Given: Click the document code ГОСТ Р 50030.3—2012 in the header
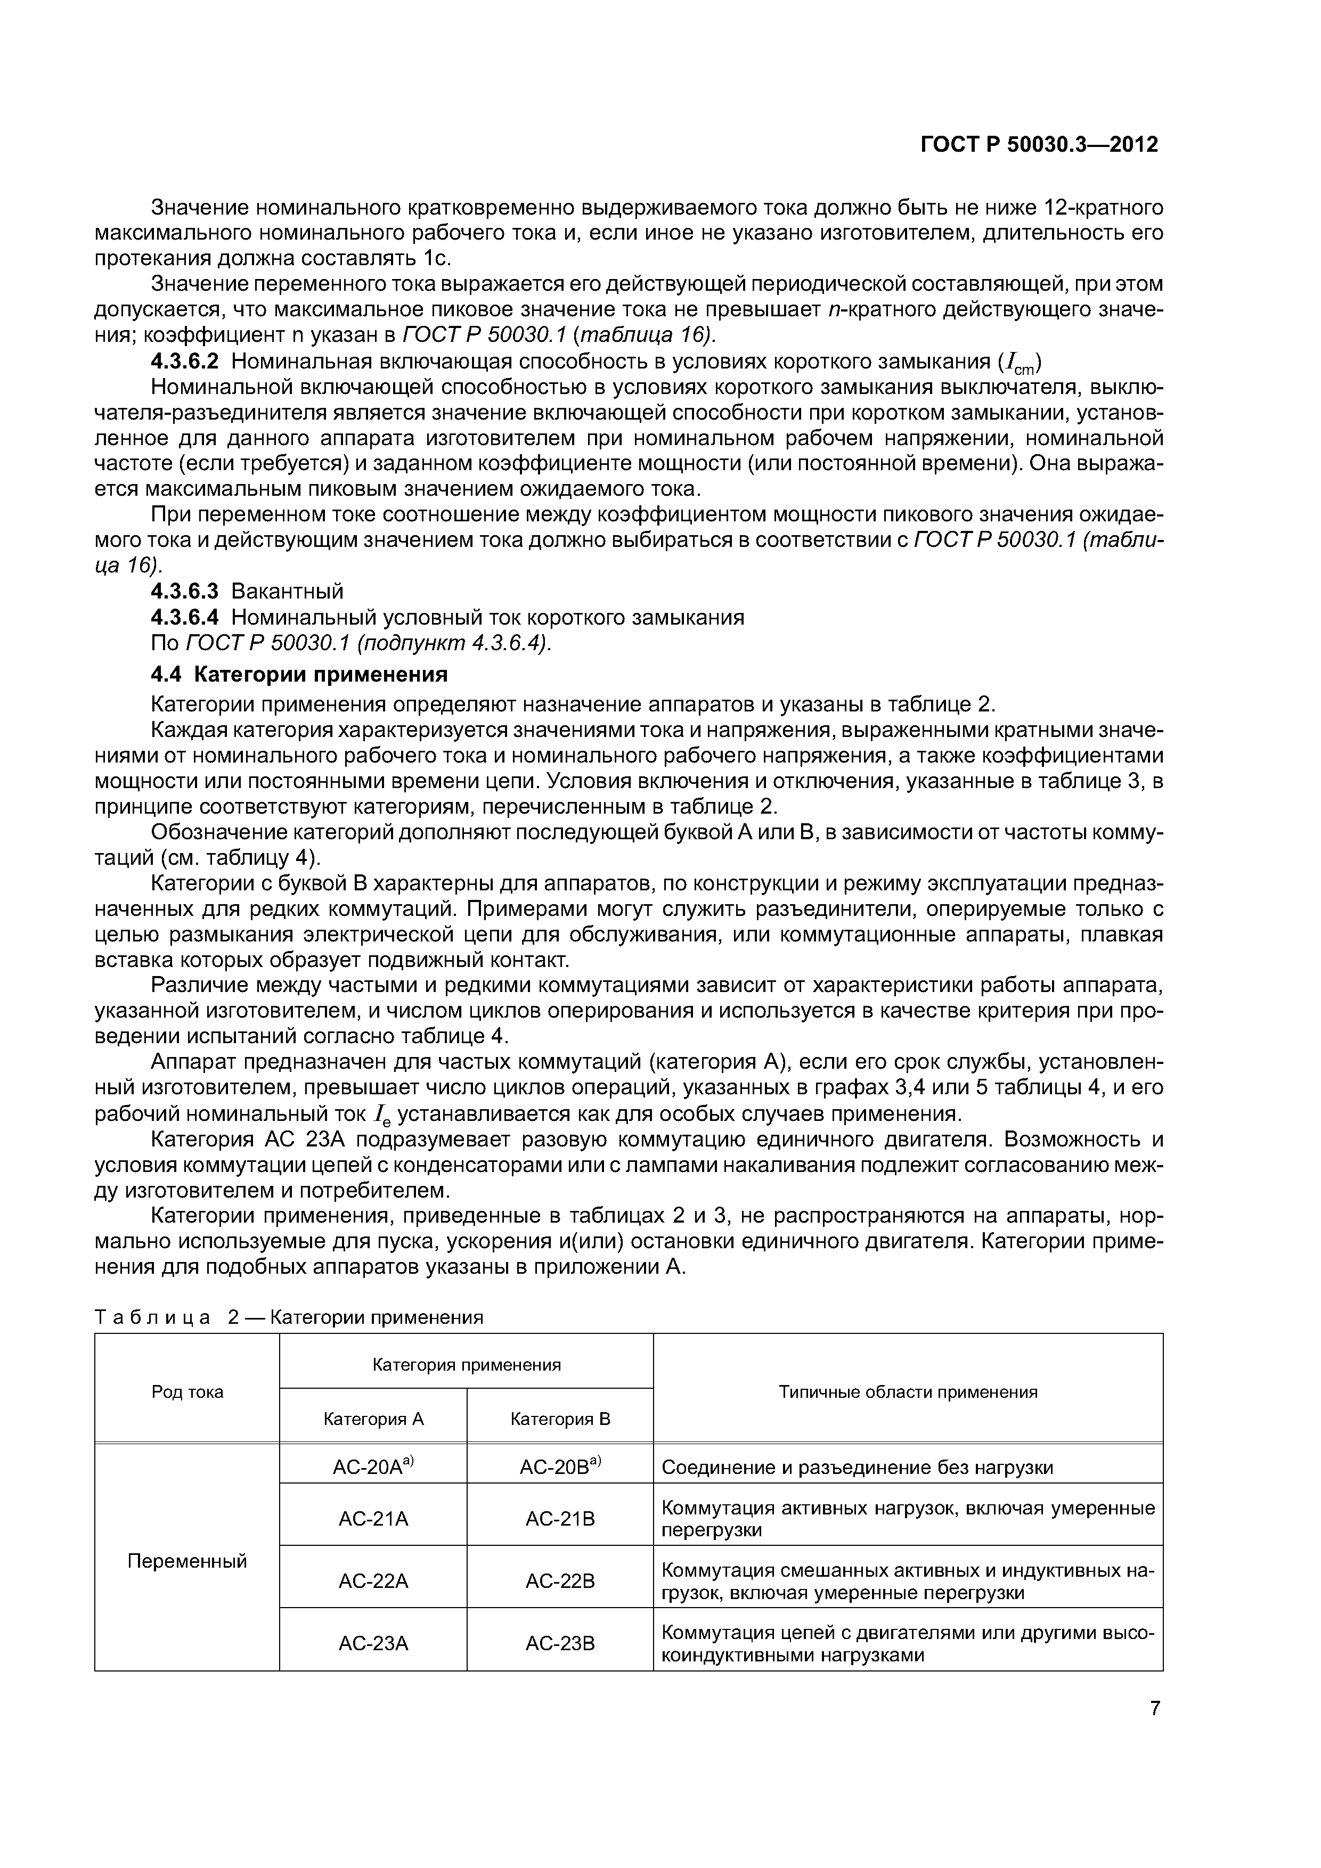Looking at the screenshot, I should pyautogui.click(x=1039, y=145).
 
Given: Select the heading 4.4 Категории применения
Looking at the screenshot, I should pyautogui.click(x=299, y=675).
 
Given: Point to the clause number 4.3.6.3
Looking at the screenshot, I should pyautogui.click(x=185, y=591).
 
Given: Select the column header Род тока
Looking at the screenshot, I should pyautogui.click(x=187, y=1392).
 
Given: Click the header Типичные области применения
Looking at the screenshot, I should pyautogui.click(x=908, y=1392).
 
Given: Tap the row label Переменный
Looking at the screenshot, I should pyautogui.click(x=187, y=1560).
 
